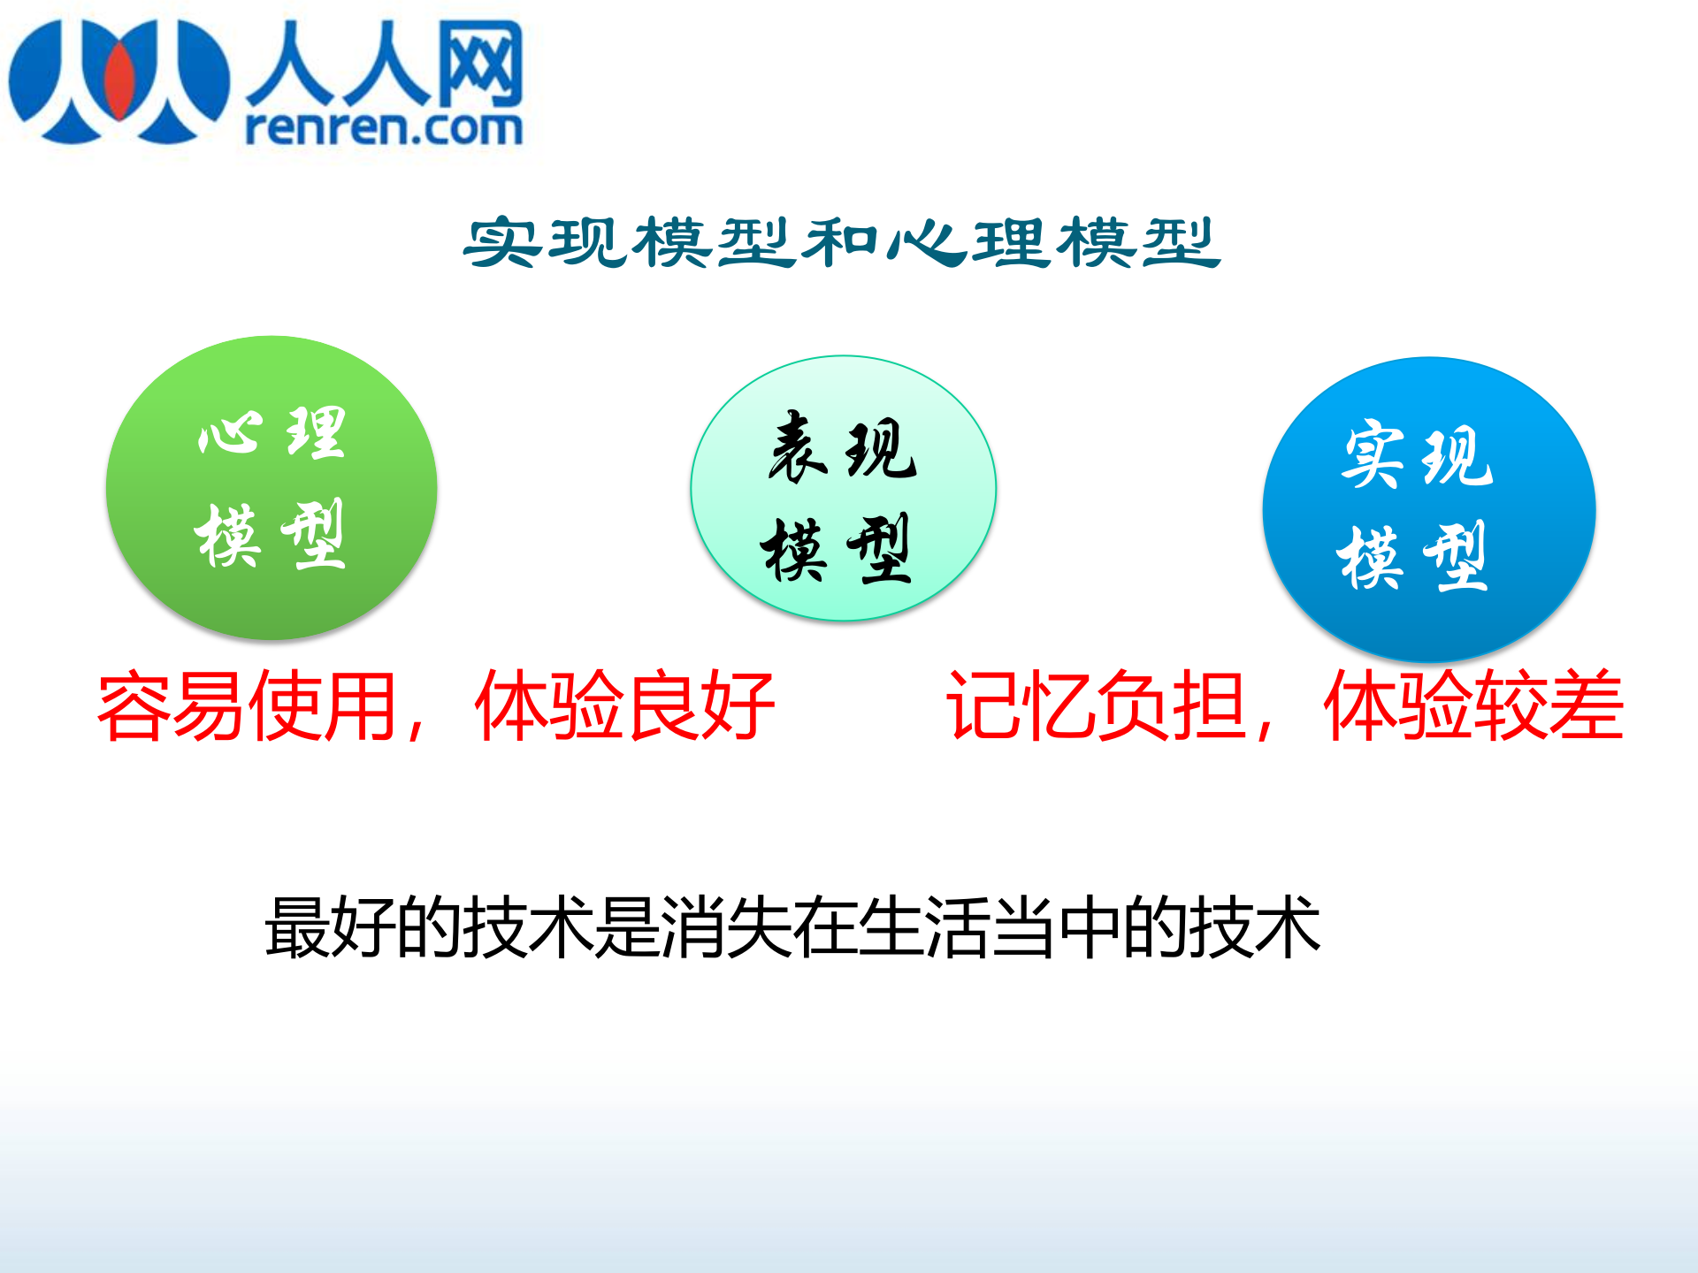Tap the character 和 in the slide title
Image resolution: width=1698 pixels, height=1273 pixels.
point(840,242)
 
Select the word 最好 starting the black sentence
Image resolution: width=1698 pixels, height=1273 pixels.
point(330,927)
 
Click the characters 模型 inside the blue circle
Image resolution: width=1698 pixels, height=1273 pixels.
point(1412,557)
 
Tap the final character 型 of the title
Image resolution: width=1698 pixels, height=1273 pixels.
point(1181,242)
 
